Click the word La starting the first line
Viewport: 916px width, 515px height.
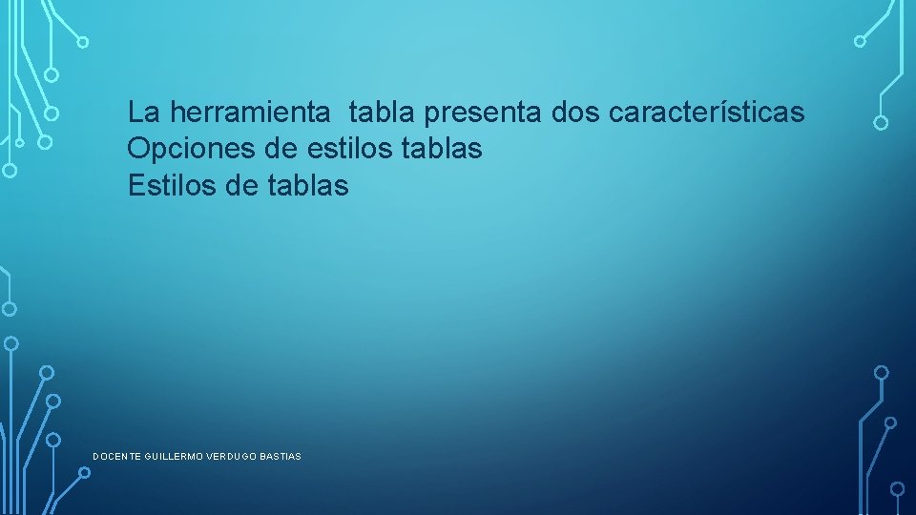coord(144,113)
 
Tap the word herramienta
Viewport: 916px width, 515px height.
coord(251,113)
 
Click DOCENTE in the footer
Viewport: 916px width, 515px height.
coord(116,457)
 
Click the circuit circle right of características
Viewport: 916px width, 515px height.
coord(881,123)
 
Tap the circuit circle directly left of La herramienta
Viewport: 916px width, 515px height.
coord(52,113)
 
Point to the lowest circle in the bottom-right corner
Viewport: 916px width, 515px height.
coord(897,489)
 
